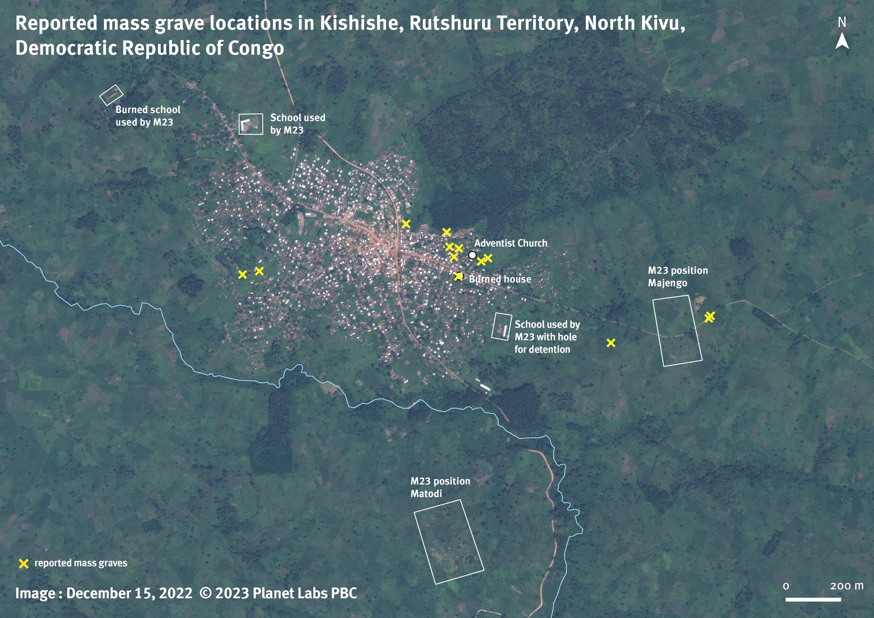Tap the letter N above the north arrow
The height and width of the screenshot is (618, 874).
pyautogui.click(x=842, y=22)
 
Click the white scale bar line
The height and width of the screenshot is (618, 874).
pyautogui.click(x=813, y=599)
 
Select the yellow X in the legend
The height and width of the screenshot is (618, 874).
pyautogui.click(x=23, y=563)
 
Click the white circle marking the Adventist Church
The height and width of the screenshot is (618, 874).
pyautogui.click(x=472, y=255)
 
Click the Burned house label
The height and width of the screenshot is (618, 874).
pyautogui.click(x=500, y=279)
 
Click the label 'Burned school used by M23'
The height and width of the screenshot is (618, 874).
pyautogui.click(x=148, y=116)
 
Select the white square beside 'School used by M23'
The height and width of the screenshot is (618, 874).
pyautogui.click(x=250, y=124)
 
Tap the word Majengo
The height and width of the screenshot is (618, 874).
pyautogui.click(x=667, y=283)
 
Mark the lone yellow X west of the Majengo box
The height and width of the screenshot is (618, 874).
pyautogui.click(x=611, y=343)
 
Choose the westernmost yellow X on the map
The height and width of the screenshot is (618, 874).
pyautogui.click(x=242, y=274)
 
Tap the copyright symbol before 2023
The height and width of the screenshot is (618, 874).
pyautogui.click(x=205, y=593)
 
